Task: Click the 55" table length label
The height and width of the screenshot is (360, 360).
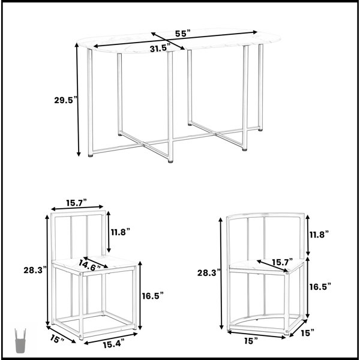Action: tap(183, 34)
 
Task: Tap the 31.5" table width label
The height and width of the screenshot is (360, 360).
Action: tap(160, 49)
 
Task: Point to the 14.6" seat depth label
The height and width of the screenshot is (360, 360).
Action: tap(89, 265)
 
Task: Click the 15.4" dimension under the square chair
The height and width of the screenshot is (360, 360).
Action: tap(113, 344)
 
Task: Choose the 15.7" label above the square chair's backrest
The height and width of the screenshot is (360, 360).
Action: tap(77, 203)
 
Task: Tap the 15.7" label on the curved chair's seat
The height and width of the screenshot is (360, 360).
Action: tap(283, 262)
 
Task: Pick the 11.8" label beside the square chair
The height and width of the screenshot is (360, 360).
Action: tap(121, 232)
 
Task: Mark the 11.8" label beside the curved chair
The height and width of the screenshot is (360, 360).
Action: tap(319, 235)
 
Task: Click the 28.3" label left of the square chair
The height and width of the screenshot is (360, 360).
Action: tap(35, 270)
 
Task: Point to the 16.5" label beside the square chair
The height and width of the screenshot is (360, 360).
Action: tap(152, 296)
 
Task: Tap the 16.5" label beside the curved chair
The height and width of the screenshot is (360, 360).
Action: tap(320, 287)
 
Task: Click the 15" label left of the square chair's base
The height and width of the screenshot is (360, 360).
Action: tap(57, 339)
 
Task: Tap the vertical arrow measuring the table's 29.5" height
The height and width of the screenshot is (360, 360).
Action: tap(78, 100)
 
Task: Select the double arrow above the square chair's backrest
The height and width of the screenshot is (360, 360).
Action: tap(77, 208)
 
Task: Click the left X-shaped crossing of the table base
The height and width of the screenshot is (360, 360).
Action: tap(143, 145)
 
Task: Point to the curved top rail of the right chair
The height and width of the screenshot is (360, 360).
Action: tap(265, 214)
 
